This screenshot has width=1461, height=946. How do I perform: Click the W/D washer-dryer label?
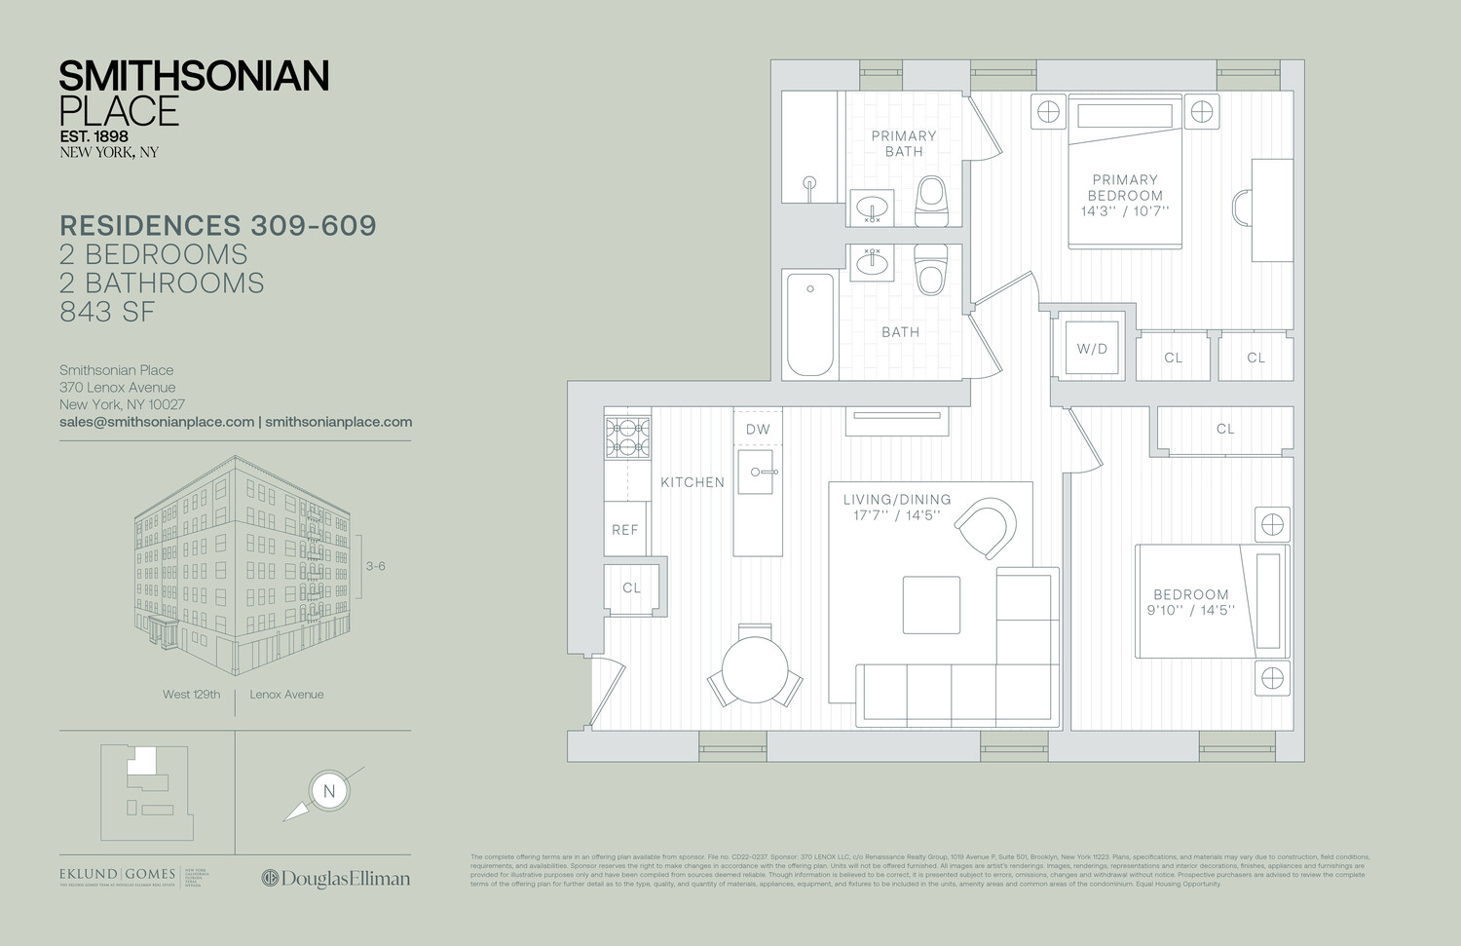1092,349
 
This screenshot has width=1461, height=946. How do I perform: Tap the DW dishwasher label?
758,429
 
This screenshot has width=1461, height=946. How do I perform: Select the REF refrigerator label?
625,530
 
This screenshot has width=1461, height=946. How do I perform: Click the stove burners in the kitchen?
628,437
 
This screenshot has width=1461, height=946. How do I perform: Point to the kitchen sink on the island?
757,473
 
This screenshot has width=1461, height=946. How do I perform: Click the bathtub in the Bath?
810,323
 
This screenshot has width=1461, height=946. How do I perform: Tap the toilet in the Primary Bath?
931,200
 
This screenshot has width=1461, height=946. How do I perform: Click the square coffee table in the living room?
931,605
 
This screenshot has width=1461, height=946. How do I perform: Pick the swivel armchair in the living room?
986,527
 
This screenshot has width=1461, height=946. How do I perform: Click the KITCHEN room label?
693,482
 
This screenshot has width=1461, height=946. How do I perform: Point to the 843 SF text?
107,312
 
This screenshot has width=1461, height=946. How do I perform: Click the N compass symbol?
329,790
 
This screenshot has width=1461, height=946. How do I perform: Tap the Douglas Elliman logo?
336,879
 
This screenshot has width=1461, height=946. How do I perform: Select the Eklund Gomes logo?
118,875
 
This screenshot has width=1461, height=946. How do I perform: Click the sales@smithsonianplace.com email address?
157,422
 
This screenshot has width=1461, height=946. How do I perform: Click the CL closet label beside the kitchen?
632,587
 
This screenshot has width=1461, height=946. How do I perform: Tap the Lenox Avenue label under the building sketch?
286,695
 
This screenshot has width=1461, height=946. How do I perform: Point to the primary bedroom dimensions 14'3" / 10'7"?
1125,211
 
